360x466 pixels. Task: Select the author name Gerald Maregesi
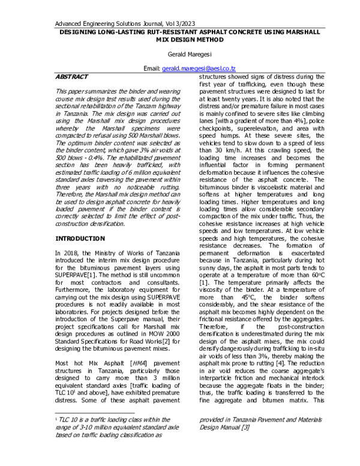pyautogui.click(x=179, y=53)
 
